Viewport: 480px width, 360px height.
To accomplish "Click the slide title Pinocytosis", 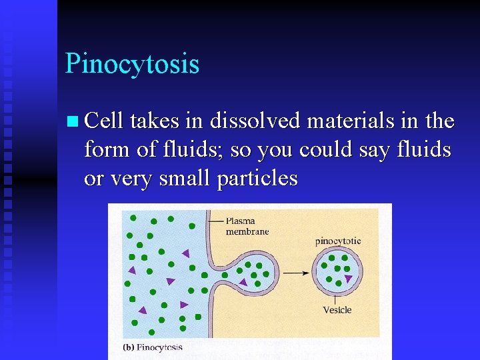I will (132, 64).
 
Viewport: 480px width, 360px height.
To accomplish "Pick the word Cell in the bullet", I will (105, 121).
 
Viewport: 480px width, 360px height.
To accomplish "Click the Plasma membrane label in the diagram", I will (247, 226).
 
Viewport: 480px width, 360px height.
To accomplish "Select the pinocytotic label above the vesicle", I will (338, 241).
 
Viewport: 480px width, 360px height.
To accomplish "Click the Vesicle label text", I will (337, 309).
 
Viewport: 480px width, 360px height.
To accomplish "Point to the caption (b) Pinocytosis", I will (153, 347).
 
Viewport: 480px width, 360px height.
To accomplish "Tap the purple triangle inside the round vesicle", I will (348, 278).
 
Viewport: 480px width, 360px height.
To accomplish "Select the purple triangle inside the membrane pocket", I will (243, 283).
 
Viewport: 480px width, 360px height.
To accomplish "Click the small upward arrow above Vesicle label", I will (335, 298).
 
